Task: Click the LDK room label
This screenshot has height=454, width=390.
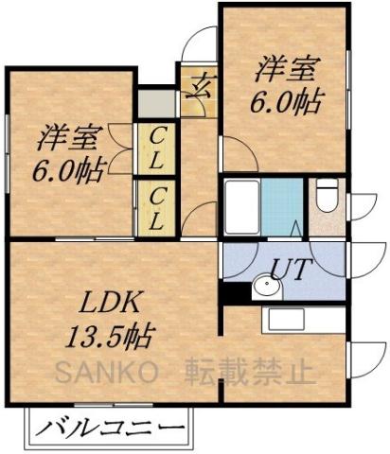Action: pos(110,305)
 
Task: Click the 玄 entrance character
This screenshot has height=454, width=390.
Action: pos(200,91)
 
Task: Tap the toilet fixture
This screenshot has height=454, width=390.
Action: pos(326,197)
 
